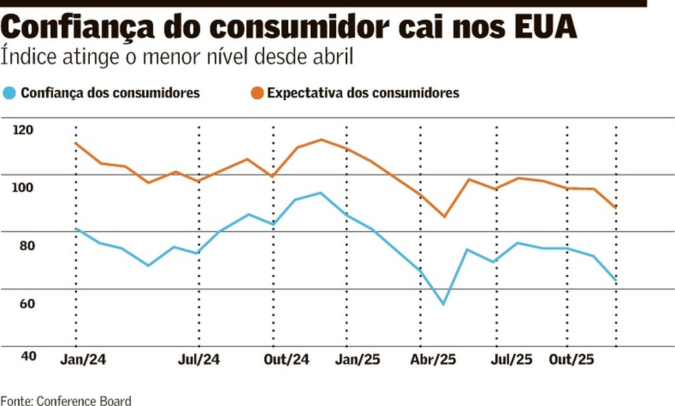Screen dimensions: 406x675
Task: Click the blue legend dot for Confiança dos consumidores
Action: (x=9, y=93)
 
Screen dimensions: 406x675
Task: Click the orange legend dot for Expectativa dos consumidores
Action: (x=256, y=93)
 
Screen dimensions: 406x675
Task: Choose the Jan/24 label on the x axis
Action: (x=84, y=360)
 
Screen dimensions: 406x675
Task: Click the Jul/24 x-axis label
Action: (x=199, y=360)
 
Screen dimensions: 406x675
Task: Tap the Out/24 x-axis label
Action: (x=287, y=360)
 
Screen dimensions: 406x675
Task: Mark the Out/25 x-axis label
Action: (x=572, y=360)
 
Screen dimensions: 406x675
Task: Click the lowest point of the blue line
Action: (x=444, y=304)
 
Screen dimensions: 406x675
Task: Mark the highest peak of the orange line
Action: (x=321, y=139)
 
